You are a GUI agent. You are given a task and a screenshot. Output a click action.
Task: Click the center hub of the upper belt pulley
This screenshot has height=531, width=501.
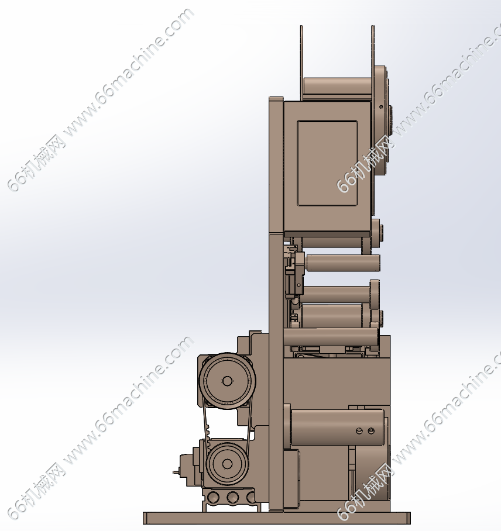point(227,381)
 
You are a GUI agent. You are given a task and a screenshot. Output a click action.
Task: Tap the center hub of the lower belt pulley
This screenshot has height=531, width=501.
point(227,464)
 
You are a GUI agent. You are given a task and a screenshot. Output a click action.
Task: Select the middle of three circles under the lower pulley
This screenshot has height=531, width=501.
point(232,498)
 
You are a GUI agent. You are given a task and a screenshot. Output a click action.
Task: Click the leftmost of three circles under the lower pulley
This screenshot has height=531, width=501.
point(213,498)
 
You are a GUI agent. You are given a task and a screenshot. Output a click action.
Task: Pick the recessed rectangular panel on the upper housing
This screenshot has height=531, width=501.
point(327,163)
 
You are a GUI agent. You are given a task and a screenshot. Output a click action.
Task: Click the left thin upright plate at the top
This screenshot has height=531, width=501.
point(301,63)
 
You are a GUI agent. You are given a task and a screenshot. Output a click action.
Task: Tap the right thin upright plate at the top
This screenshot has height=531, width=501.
point(373,63)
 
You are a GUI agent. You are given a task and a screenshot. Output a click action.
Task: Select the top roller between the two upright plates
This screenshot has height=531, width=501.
point(337,86)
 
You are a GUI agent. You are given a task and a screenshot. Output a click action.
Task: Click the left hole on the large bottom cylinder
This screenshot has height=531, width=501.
point(359,431)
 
